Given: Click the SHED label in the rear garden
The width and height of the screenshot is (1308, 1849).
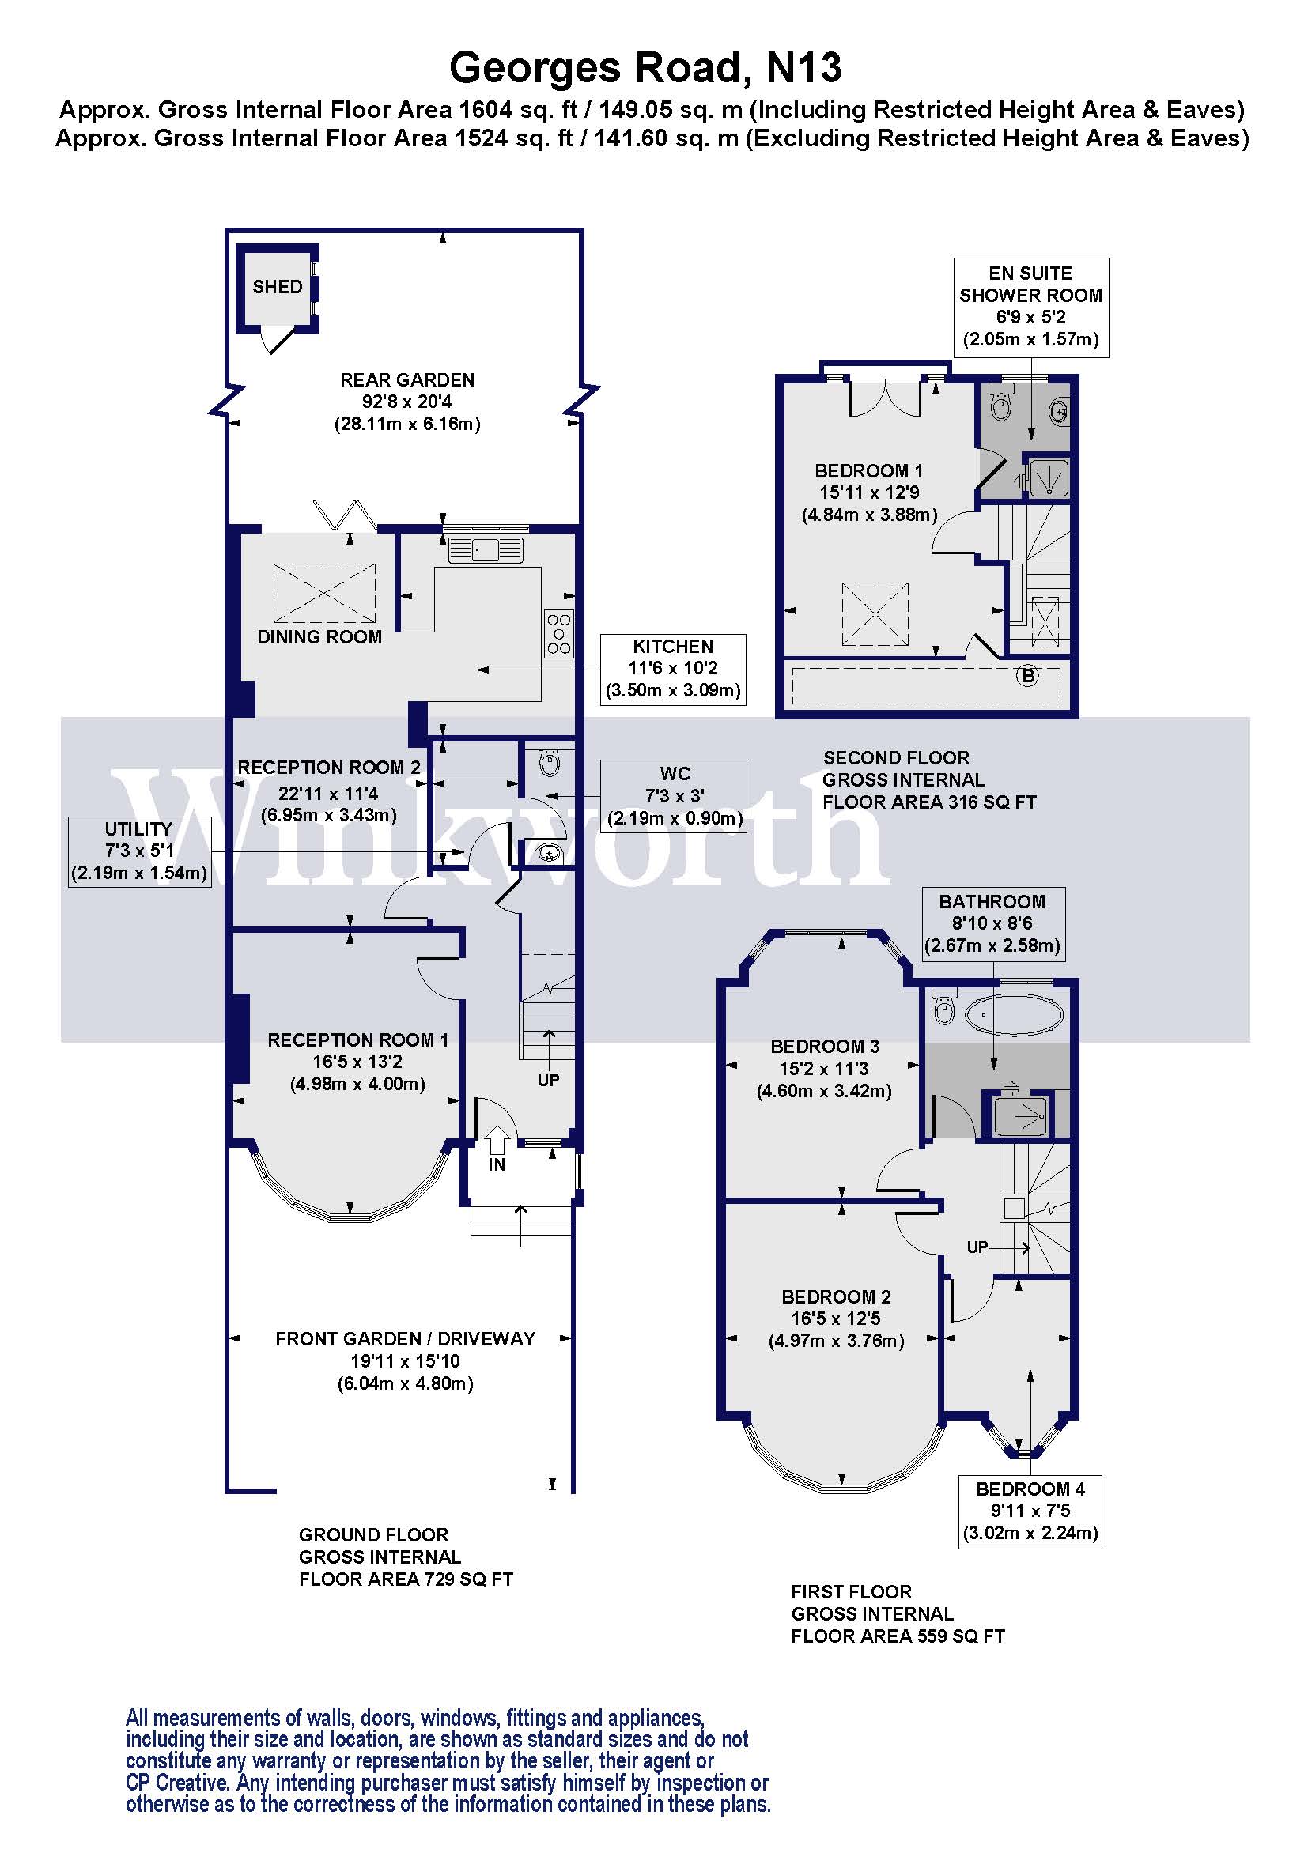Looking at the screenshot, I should click(x=277, y=287).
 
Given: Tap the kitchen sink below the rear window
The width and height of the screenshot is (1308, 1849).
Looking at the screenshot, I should click(x=486, y=551).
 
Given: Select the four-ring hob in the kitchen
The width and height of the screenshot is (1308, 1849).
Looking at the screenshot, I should click(x=559, y=634).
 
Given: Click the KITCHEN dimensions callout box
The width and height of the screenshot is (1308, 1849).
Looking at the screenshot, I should click(x=672, y=670).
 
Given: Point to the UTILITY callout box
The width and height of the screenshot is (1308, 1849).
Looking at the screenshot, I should click(x=139, y=851).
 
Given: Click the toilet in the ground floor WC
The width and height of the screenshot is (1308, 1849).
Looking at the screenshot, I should click(x=549, y=762).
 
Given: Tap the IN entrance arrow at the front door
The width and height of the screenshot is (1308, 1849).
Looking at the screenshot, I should click(x=497, y=1142).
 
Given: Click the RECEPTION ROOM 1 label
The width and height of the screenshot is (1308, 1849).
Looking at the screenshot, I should click(x=357, y=1040).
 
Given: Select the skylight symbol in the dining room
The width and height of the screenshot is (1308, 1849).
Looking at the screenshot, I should click(x=324, y=593).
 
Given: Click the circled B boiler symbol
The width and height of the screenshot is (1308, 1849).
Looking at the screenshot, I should click(x=1028, y=676).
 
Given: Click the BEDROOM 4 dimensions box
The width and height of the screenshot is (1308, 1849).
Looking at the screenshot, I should click(x=1030, y=1511).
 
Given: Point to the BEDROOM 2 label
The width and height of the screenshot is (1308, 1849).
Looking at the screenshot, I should click(x=836, y=1296).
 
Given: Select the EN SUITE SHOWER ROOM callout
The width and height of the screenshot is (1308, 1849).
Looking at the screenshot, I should click(x=1030, y=307).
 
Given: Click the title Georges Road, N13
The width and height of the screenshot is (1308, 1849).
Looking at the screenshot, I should click(x=646, y=68).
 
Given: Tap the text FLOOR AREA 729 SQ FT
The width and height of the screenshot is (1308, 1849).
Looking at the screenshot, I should click(x=406, y=1579).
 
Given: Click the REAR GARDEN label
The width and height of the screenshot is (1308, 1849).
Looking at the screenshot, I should click(x=406, y=380).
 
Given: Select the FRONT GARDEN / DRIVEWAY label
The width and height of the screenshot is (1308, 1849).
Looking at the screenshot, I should click(x=405, y=1339).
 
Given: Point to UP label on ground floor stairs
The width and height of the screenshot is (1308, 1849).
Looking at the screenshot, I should click(x=549, y=1080).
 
